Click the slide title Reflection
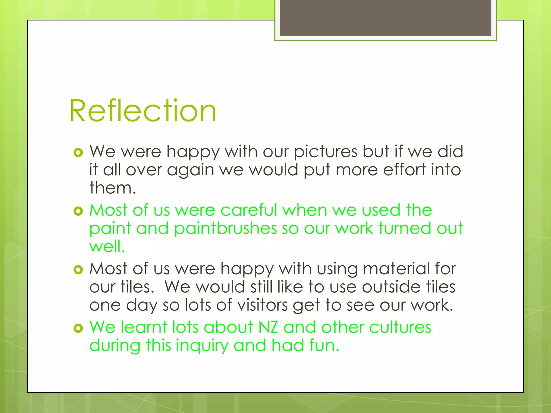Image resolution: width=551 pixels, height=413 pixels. pos(143,111)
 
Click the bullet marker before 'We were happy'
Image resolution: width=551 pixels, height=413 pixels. pos(78,153)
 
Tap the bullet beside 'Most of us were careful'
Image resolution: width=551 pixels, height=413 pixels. pos(78,211)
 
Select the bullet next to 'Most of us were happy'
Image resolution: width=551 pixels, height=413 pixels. pos(78,270)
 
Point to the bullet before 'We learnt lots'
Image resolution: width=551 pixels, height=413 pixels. pos(78,328)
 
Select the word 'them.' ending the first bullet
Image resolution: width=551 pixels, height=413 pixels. pos(113,188)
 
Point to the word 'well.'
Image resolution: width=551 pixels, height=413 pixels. pos(107,246)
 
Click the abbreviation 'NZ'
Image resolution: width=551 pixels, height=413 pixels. pos(268,327)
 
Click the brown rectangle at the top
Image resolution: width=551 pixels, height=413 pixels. pos(385,18)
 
